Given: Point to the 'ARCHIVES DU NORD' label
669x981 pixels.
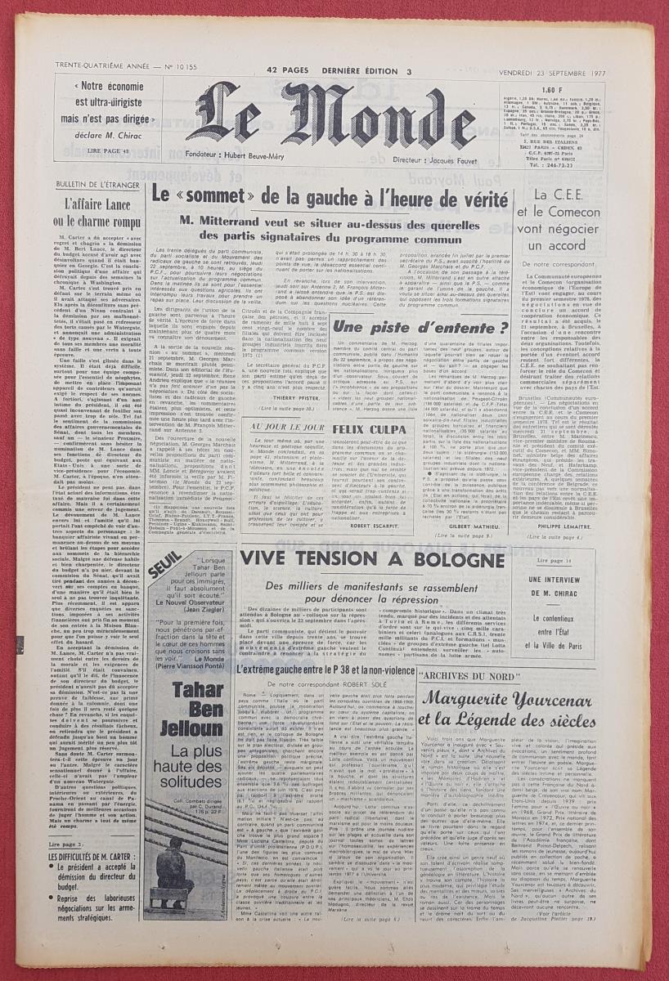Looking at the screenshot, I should (x=466, y=678).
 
